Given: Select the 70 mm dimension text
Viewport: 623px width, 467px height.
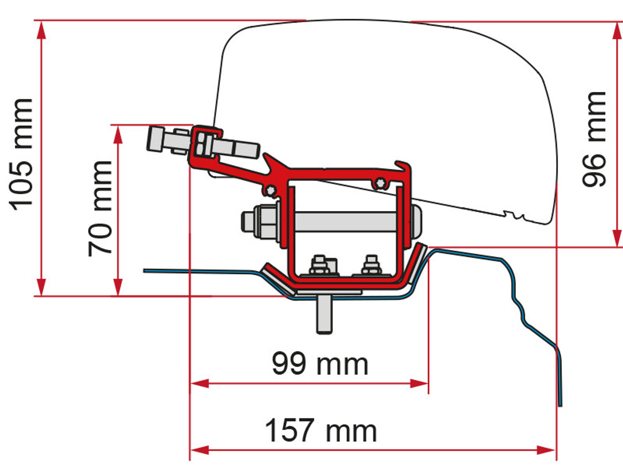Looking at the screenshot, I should coord(100,208).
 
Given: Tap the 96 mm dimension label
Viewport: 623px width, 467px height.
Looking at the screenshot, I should coord(594,139).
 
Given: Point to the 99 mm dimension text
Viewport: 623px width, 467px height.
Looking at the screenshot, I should coord(320,363).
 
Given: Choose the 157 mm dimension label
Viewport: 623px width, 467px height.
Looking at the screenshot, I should coord(321,430).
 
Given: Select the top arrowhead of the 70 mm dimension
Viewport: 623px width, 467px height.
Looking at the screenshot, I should coord(117,134).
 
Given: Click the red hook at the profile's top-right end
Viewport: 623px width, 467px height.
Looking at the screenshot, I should coord(403,167).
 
